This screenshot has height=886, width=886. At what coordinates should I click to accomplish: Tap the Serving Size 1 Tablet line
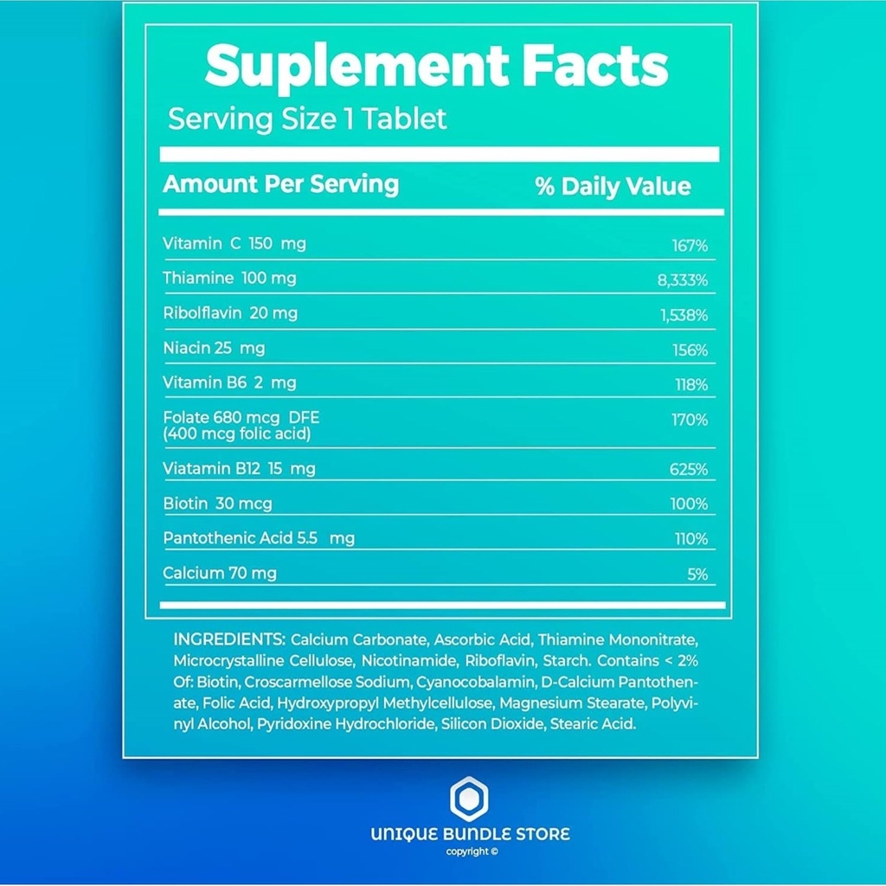(307, 119)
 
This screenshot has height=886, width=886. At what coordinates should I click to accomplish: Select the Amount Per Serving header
(281, 184)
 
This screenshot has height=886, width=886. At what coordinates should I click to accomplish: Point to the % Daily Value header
(613, 187)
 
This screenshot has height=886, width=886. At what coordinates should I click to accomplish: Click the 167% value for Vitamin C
(690, 246)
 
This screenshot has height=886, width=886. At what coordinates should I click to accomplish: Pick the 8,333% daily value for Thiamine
(683, 280)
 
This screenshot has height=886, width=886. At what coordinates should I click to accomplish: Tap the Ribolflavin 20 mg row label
(230, 313)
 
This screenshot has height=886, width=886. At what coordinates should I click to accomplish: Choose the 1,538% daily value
(684, 316)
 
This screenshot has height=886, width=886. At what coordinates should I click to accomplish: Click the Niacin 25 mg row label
(214, 348)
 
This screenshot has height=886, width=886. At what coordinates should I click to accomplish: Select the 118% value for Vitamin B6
(690, 384)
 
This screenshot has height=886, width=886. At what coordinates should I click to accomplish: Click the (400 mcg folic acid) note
(237, 433)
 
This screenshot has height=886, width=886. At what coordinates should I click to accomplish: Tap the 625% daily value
(690, 470)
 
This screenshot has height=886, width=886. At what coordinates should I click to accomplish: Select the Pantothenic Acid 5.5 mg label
(259, 538)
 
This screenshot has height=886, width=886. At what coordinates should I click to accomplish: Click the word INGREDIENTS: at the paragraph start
(229, 639)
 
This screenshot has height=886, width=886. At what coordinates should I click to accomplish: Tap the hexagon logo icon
(469, 799)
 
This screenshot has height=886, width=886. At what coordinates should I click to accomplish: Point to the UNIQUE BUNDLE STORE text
(471, 834)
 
